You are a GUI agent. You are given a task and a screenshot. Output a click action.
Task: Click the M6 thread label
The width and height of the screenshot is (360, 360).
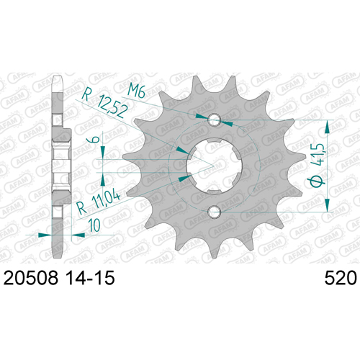[136, 91]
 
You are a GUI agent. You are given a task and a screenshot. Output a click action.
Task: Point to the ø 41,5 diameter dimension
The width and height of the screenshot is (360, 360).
[318, 166]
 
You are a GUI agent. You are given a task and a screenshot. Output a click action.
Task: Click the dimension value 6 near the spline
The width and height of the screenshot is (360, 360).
[95, 140]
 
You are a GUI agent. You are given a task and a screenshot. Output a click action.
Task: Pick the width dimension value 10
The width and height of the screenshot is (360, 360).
[94, 225]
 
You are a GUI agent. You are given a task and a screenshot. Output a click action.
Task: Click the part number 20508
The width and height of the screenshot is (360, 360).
[31, 278]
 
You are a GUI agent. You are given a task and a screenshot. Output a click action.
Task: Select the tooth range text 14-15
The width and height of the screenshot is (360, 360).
[90, 278]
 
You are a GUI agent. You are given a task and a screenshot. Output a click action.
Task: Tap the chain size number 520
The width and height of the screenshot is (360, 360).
[341, 278]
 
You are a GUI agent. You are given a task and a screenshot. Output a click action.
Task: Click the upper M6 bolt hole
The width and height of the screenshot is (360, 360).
[215, 120]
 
